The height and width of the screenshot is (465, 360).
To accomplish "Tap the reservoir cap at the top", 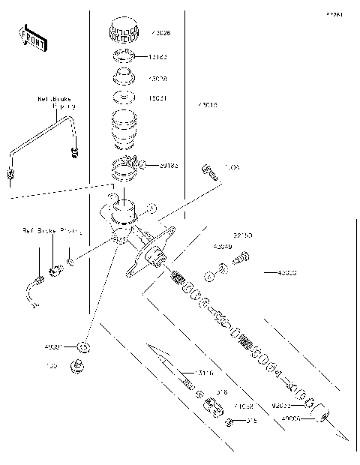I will pyautogui.click(x=122, y=31).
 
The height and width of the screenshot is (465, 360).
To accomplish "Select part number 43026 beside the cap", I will pyautogui.click(x=160, y=34).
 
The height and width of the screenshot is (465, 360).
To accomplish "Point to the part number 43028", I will pyautogui.click(x=157, y=78).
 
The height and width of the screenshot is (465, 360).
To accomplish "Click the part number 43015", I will pyautogui.click(x=207, y=106).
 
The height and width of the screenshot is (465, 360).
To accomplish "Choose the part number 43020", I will pyautogui.click(x=287, y=273).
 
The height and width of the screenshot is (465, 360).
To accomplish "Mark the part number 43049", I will pyautogui.click(x=222, y=246).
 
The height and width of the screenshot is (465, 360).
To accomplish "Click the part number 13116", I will pyautogui.click(x=203, y=373).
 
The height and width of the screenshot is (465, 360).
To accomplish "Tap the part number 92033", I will pyautogui.click(x=282, y=405).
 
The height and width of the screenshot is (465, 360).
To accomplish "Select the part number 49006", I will pyautogui.click(x=289, y=419).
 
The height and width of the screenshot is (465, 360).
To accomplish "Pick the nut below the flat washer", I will pyautogui.click(x=75, y=367).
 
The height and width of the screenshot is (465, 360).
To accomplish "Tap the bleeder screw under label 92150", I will pyautogui.click(x=241, y=257).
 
